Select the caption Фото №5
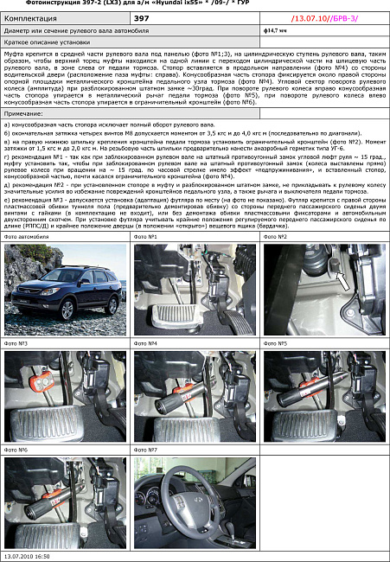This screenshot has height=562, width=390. coord(276,343)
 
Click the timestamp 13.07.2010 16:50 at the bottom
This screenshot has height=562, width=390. coord(28,557)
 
